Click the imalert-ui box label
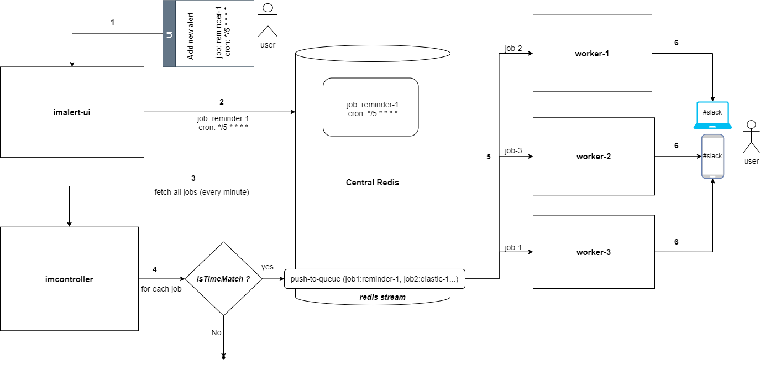[72, 112]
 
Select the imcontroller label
[69, 279]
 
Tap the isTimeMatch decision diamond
[224, 279]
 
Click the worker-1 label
[592, 54]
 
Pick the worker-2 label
[594, 157]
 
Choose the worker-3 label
[594, 252]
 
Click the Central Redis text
[372, 183]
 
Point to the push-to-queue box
[375, 279]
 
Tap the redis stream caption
[382, 298]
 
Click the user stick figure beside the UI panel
[268, 20]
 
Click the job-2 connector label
[513, 49]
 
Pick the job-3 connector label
[513, 150]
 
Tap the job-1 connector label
[513, 247]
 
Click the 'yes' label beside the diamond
[268, 267]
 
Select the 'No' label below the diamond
[217, 332]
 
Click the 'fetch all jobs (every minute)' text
[202, 192]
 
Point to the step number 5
[489, 157]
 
